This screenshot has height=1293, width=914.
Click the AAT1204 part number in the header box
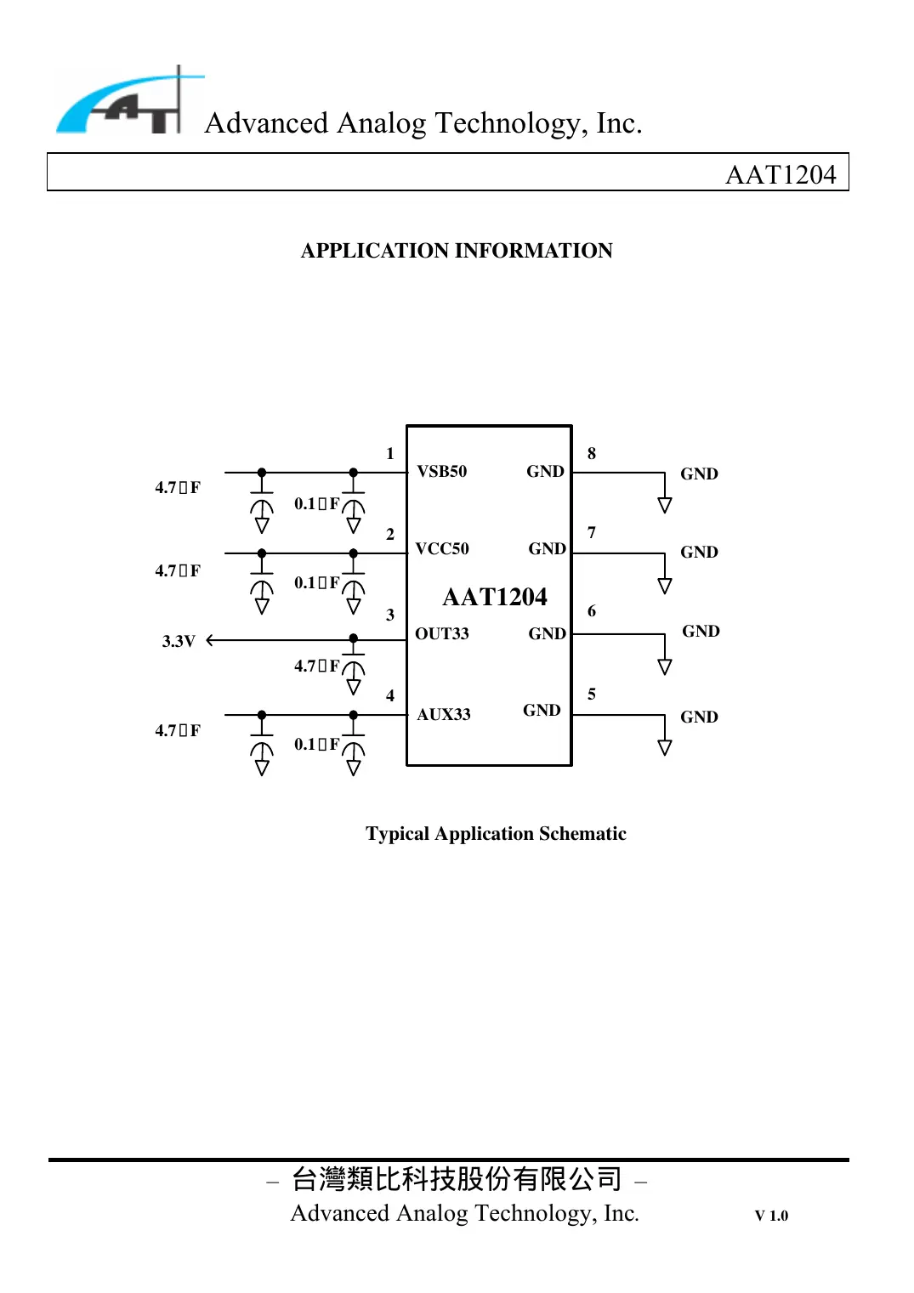click(x=780, y=174)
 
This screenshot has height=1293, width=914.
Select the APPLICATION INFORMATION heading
click(x=457, y=251)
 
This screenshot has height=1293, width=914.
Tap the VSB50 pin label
click(x=441, y=472)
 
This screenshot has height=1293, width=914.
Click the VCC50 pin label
click(x=441, y=549)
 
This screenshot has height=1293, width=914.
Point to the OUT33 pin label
click(x=441, y=634)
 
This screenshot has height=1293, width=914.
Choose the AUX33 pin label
click(x=443, y=715)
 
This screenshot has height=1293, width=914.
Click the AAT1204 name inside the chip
click(x=494, y=597)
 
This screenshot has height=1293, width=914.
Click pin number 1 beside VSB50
click(x=390, y=454)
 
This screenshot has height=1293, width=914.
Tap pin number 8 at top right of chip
click(x=592, y=454)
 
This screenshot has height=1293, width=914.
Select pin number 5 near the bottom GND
click(x=592, y=695)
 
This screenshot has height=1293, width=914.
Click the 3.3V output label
click(x=179, y=641)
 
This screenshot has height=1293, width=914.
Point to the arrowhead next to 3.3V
click(x=210, y=640)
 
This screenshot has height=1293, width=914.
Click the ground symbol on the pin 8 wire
click(x=665, y=505)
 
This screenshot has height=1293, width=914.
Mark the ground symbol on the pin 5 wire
click(x=665, y=748)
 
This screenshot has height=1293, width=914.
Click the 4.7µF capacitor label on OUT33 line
click(x=316, y=666)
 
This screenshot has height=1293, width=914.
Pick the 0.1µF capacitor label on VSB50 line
click(x=316, y=504)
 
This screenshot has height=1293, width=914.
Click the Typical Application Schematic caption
click(x=496, y=834)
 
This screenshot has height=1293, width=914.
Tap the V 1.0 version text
click(x=771, y=1216)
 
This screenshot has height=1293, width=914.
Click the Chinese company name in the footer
click(x=457, y=1179)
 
